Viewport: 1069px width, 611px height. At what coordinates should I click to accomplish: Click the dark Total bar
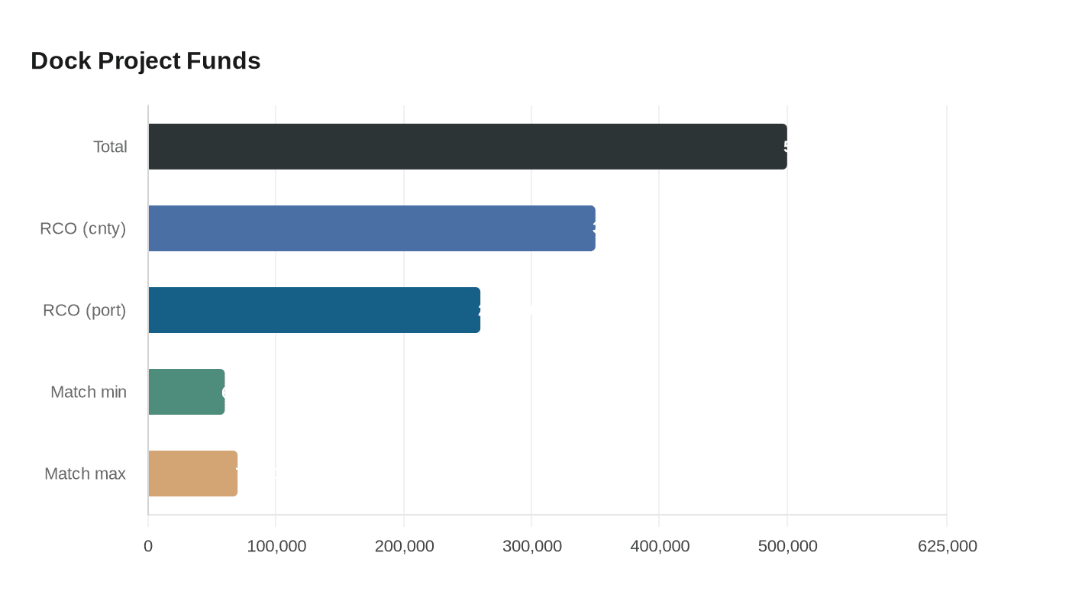pyautogui.click(x=467, y=147)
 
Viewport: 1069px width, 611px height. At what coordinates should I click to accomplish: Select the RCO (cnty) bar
pyautogui.click(x=372, y=228)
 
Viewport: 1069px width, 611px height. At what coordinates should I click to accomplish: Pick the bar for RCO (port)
pyautogui.click(x=314, y=310)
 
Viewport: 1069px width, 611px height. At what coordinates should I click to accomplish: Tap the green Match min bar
pyautogui.click(x=186, y=392)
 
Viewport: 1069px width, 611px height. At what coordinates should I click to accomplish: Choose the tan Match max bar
pyautogui.click(x=192, y=474)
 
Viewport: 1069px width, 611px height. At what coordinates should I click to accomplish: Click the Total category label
pyautogui.click(x=110, y=147)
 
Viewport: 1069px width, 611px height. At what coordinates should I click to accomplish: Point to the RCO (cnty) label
pyautogui.click(x=83, y=228)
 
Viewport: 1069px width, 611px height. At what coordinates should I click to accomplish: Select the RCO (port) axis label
pyautogui.click(x=85, y=310)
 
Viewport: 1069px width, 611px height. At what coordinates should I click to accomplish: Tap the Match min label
pyautogui.click(x=89, y=392)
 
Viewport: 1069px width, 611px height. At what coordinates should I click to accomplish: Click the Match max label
pyautogui.click(x=86, y=474)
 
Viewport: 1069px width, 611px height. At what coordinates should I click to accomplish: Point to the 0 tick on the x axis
pyautogui.click(x=148, y=546)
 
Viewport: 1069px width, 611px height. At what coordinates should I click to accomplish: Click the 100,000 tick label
pyautogui.click(x=276, y=546)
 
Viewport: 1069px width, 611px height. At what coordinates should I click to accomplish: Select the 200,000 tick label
pyautogui.click(x=404, y=546)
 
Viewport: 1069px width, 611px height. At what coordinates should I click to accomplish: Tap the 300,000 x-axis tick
pyautogui.click(x=532, y=546)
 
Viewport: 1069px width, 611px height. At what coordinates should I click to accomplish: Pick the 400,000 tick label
pyautogui.click(x=660, y=546)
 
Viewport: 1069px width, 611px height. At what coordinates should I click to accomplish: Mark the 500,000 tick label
pyautogui.click(x=787, y=546)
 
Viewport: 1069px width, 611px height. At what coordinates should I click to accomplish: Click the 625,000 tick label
pyautogui.click(x=947, y=546)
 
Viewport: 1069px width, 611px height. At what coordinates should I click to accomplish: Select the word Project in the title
pyautogui.click(x=139, y=61)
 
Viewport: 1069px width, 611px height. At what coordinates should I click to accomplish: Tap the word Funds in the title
pyautogui.click(x=224, y=61)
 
